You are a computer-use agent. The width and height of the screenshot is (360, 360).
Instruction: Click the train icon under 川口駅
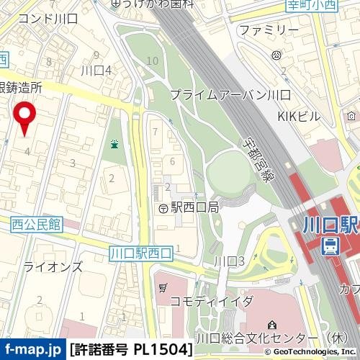pos(330,246)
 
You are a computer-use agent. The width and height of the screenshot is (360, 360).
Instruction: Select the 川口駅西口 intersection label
pos(142,253)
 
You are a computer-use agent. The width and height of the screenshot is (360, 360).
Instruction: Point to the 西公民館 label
pos(35,225)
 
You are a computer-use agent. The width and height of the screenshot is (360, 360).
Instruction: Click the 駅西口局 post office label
pos(194,207)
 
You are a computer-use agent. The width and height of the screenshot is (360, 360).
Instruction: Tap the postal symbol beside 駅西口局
pos(163,207)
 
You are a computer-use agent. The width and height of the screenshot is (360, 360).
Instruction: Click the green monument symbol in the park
pos(114,145)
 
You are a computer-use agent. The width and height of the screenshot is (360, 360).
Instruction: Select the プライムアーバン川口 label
pos(230,95)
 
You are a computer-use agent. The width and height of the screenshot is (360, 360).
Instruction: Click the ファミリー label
pos(269,30)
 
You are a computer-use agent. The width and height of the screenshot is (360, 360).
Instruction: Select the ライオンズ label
pos(53,266)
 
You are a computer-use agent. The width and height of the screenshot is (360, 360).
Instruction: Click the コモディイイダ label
pos(211,300)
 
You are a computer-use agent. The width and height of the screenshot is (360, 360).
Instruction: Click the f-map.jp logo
pos(32,350)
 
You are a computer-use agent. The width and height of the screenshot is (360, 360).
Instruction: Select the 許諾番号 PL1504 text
pos(132,350)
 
